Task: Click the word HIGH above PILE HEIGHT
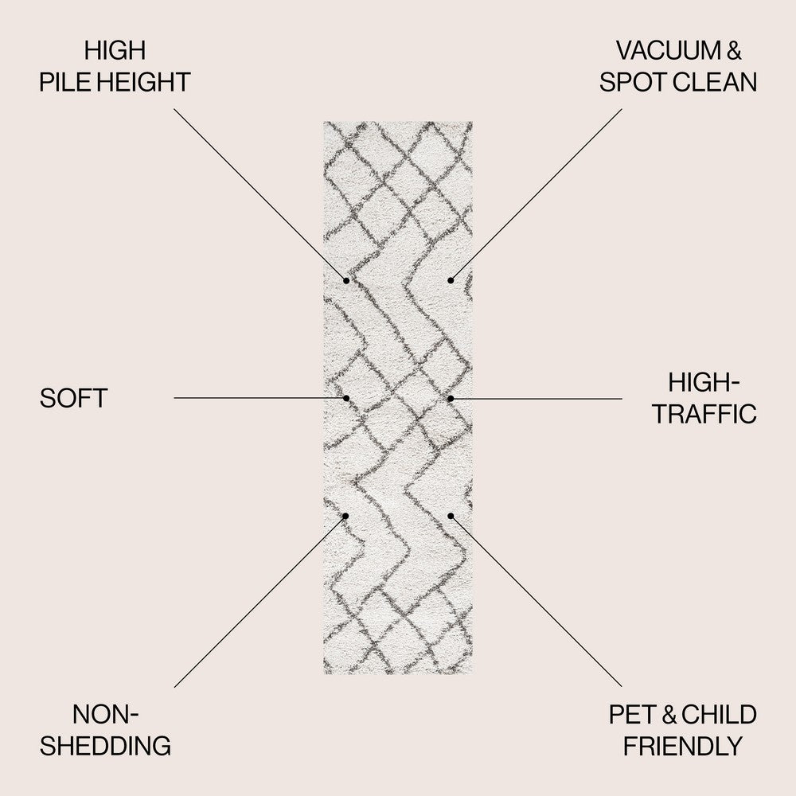point(115,50)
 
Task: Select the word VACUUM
point(668,50)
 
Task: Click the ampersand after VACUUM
point(734,50)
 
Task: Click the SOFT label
point(73,398)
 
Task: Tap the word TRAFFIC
point(704,414)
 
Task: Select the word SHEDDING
point(106,746)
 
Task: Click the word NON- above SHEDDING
point(106,714)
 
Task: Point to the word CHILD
point(719,714)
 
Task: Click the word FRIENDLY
point(683,746)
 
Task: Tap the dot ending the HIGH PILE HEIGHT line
point(346,281)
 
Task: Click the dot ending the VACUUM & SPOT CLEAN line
point(451,281)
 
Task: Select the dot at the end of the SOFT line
point(346,398)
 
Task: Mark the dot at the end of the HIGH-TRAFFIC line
point(451,399)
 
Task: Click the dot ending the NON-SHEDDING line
point(345,516)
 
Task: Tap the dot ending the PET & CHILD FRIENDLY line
point(451,516)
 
